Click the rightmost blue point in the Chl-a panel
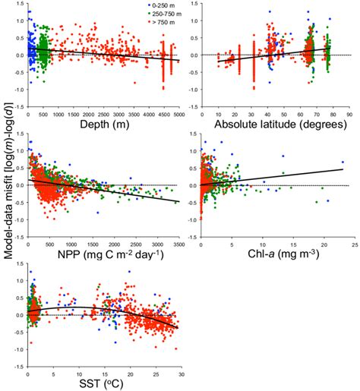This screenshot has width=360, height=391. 343,162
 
